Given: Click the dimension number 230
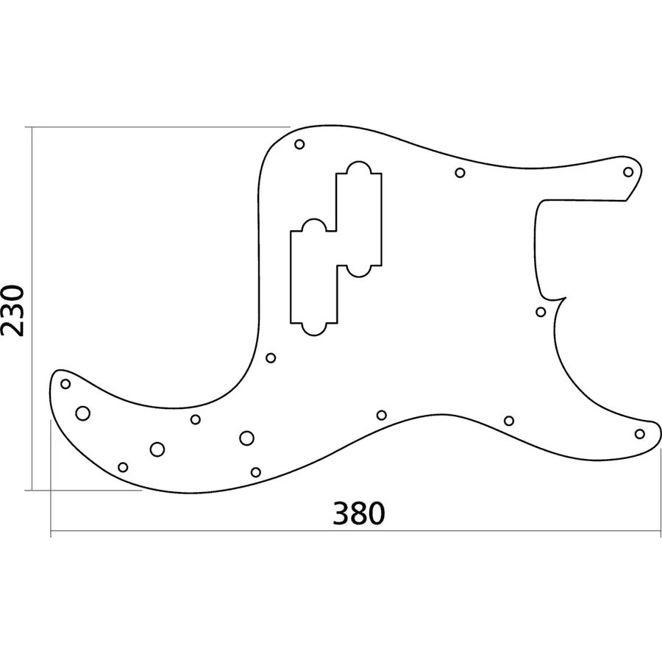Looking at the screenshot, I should (15, 309).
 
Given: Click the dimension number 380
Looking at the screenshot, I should (359, 513).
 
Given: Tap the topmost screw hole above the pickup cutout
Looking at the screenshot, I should (299, 144).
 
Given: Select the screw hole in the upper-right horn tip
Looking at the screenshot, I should (628, 172).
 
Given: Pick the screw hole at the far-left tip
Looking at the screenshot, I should (65, 383).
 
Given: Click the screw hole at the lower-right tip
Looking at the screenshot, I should (640, 434).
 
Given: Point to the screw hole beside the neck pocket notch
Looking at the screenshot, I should (541, 312).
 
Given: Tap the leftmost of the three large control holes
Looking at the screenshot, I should (83, 413).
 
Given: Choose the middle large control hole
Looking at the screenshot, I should (157, 449).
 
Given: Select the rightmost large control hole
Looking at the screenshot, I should (246, 438).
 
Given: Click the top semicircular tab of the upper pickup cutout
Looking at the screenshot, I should (358, 167).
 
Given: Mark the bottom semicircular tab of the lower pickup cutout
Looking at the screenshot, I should (314, 329).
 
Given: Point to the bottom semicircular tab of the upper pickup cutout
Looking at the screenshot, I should (358, 271).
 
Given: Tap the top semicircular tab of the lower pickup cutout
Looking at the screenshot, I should (314, 225).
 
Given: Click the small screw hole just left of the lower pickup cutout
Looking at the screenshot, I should (271, 358).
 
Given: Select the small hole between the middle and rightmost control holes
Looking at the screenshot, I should (196, 419).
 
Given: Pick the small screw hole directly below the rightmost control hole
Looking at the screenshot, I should (256, 471).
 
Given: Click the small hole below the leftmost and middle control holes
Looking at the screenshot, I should (123, 467).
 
